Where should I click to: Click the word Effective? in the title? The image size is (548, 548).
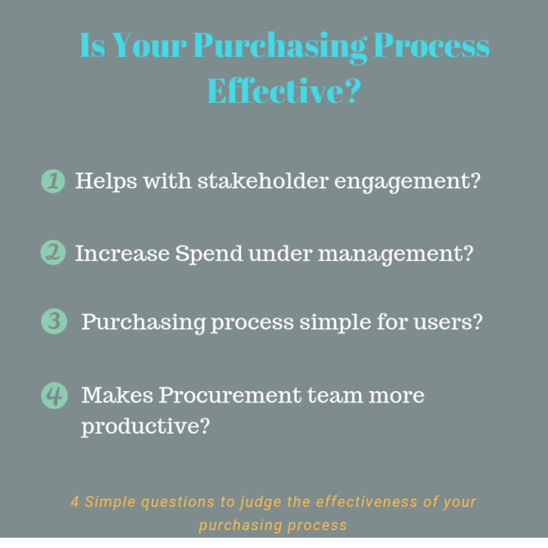(x=283, y=91)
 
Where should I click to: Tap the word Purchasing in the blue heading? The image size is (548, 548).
(x=280, y=46)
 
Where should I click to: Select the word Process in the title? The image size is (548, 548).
(x=432, y=46)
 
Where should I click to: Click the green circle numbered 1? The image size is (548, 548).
(x=53, y=181)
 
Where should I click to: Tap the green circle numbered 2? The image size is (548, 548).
(x=53, y=252)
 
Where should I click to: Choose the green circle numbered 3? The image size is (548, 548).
(x=54, y=322)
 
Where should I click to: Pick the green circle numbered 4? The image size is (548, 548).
(x=54, y=395)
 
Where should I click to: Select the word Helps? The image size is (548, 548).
(x=105, y=181)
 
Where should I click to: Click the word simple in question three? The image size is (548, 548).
(x=336, y=323)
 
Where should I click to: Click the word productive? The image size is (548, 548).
(x=146, y=427)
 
